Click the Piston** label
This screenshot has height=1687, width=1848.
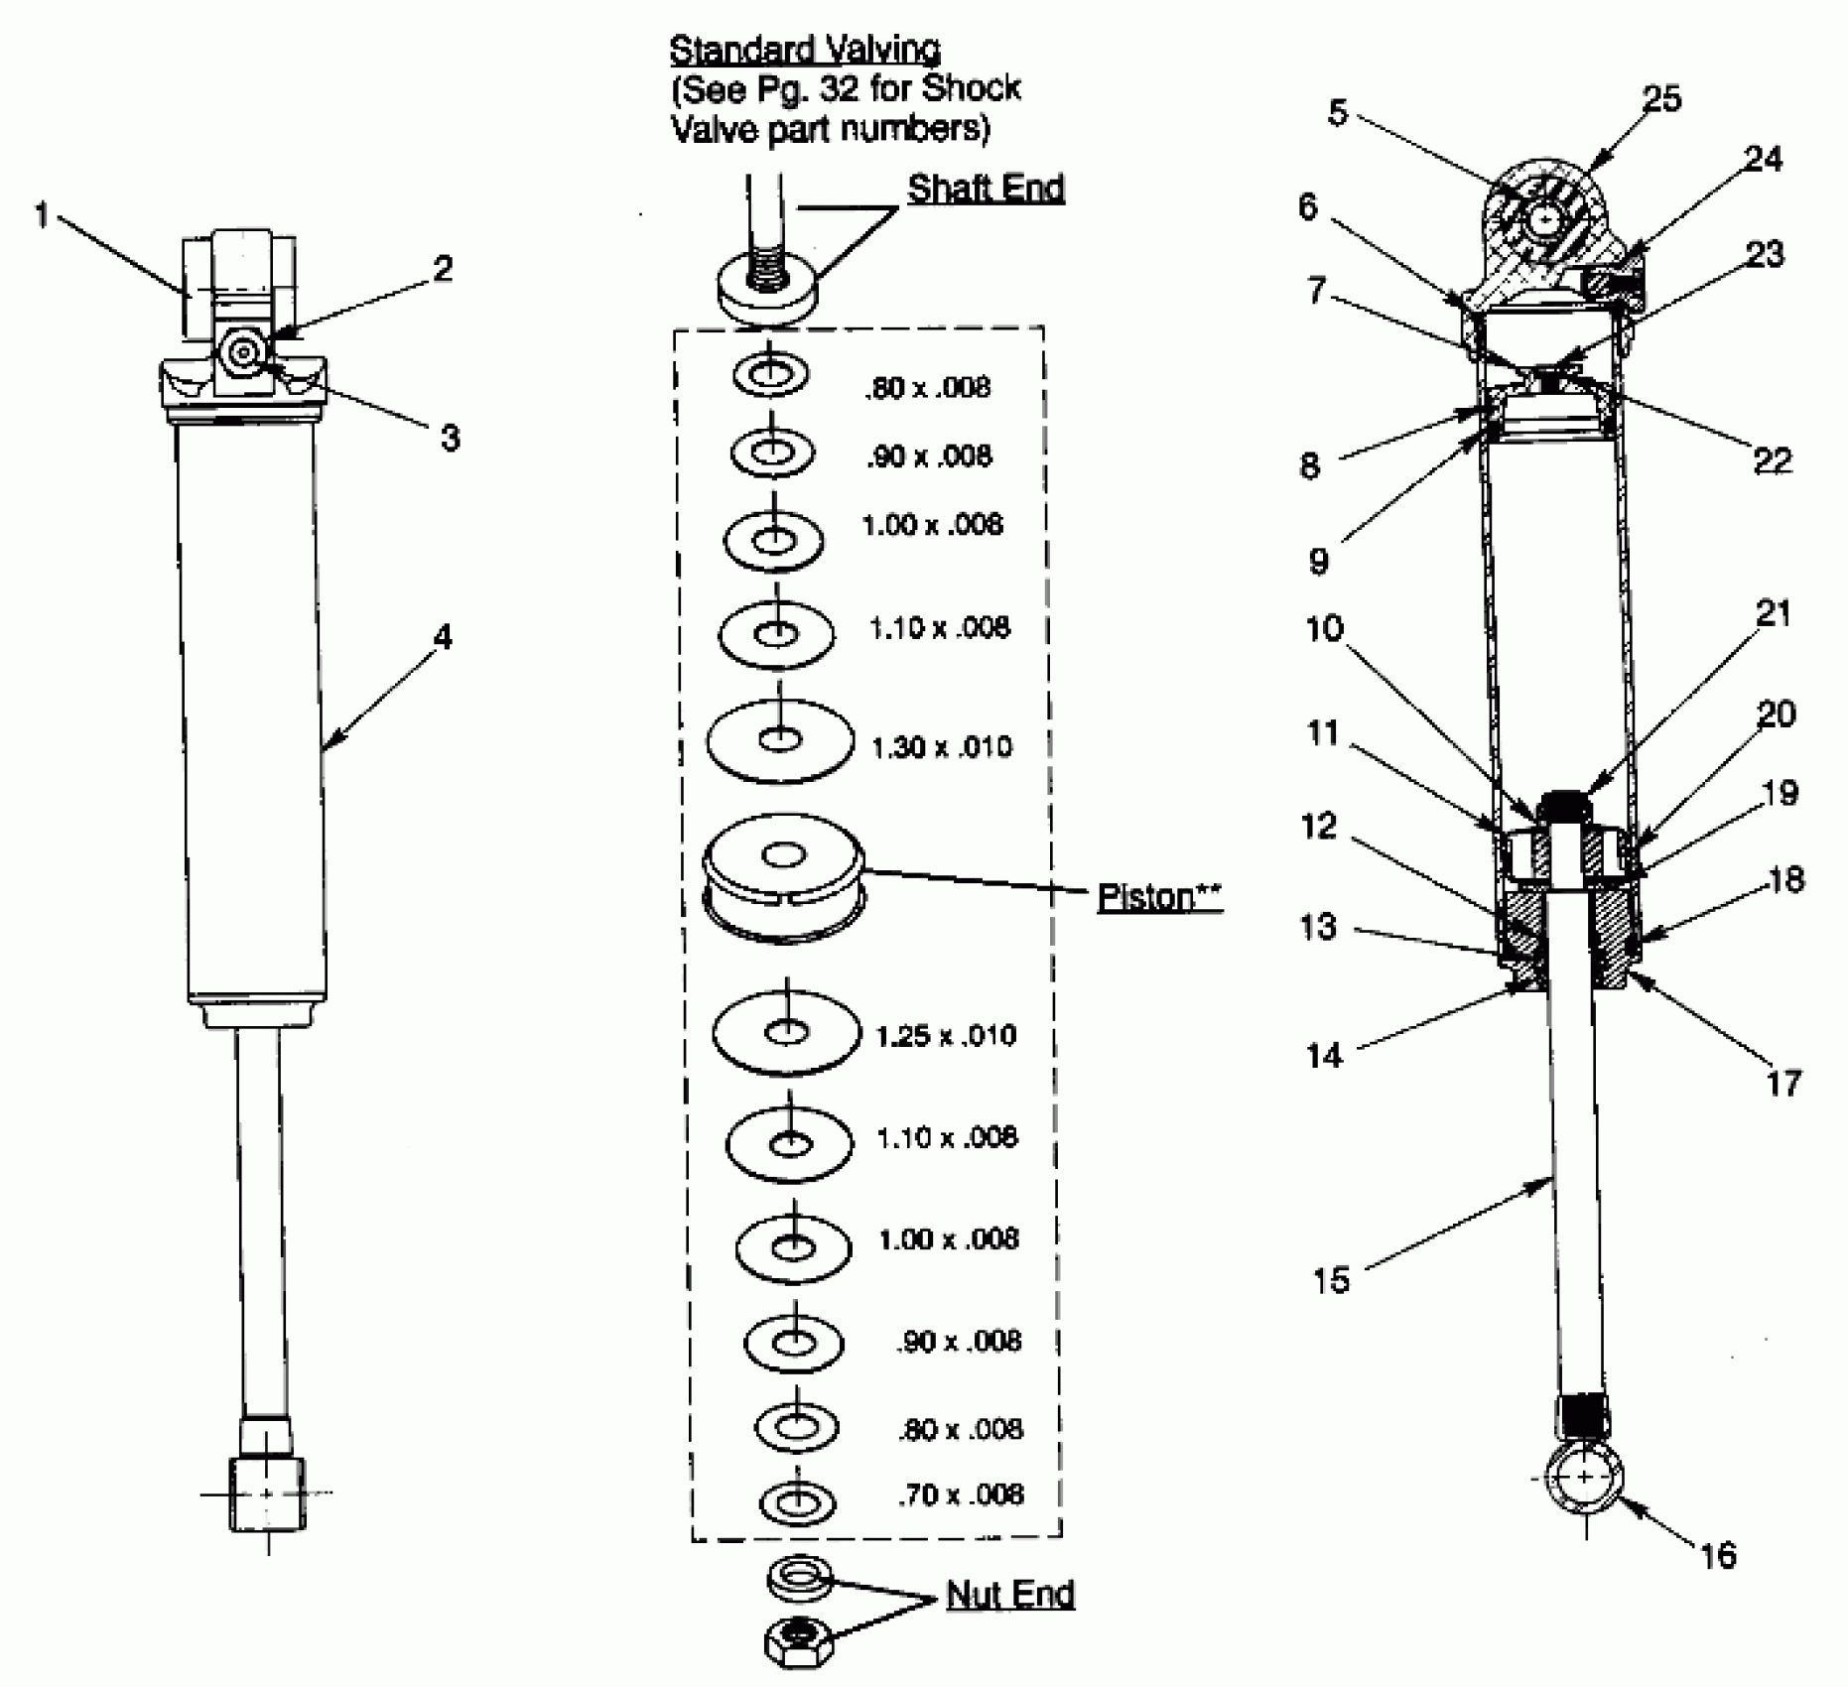(x=1158, y=897)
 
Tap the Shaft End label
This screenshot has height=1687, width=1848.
(x=986, y=189)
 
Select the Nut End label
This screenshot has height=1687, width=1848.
(x=1010, y=1595)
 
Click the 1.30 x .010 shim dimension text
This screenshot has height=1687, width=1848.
(x=941, y=746)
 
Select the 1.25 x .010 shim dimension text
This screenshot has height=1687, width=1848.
(x=946, y=1036)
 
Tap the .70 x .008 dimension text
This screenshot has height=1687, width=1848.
(x=960, y=1494)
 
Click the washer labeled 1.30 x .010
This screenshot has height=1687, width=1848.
(x=780, y=741)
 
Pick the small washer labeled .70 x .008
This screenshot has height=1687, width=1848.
(x=797, y=1501)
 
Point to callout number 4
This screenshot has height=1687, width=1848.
(x=443, y=636)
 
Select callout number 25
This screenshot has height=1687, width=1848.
(x=1661, y=99)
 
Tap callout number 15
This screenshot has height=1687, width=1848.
(x=1331, y=1279)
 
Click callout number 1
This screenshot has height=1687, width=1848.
(x=42, y=214)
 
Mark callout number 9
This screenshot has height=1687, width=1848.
(x=1318, y=561)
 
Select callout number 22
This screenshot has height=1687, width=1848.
(x=1773, y=460)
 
